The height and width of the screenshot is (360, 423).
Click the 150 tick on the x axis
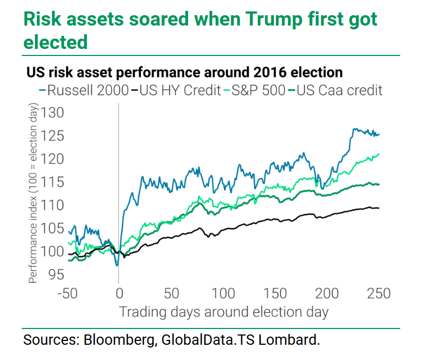point(275,294)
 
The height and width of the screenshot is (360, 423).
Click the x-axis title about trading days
point(223,312)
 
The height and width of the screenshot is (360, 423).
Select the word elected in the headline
point(54,42)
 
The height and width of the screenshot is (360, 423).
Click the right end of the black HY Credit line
point(378,208)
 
